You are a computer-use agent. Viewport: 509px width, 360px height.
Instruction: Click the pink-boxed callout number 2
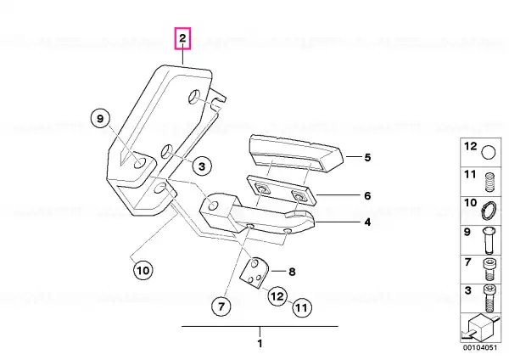click(x=182, y=38)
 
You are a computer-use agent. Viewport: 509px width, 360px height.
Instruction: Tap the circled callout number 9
click(x=100, y=119)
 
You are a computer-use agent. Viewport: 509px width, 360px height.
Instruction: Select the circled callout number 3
click(x=202, y=166)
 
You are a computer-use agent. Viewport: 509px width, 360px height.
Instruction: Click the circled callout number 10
click(x=143, y=270)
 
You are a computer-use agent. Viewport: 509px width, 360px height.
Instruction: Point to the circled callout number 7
click(x=221, y=306)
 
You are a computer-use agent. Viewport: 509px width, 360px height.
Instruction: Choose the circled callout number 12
click(x=277, y=296)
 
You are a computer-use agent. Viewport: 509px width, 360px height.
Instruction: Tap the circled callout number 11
click(x=302, y=307)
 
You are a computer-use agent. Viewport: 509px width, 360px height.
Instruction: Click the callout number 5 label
click(x=367, y=158)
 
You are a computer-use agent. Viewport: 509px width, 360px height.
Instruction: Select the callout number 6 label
click(x=367, y=196)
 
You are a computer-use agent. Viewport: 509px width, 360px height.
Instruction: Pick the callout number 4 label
click(x=367, y=222)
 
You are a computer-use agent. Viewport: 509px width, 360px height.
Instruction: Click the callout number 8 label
click(x=292, y=272)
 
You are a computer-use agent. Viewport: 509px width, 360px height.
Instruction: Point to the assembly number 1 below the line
click(x=260, y=343)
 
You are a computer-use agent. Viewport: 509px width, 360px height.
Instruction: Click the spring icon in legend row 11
click(x=489, y=183)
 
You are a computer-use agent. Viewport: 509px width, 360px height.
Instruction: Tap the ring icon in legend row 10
click(x=489, y=211)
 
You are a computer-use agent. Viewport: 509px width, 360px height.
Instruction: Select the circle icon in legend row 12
click(x=489, y=152)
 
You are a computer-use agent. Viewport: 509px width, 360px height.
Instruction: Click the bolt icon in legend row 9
click(x=489, y=240)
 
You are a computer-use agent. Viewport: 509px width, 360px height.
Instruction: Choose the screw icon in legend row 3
click(x=489, y=298)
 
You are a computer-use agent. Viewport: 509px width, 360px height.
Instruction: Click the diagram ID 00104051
click(x=480, y=347)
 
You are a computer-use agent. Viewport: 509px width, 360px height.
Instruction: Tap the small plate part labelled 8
click(x=255, y=273)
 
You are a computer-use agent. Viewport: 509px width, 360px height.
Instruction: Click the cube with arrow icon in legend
click(x=480, y=327)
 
